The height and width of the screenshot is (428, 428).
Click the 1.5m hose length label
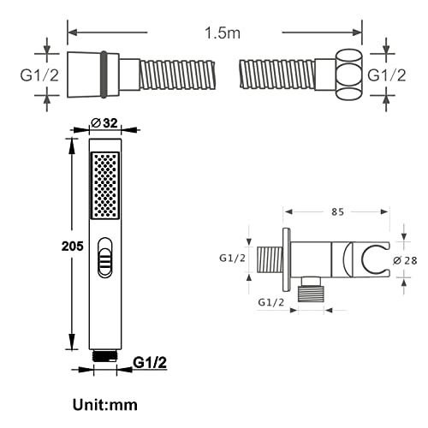223,33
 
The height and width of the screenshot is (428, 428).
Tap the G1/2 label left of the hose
39,75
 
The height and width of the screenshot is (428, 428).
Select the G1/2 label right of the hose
387,75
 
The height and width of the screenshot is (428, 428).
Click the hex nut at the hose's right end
350,75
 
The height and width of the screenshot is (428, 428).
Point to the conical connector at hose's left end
85,74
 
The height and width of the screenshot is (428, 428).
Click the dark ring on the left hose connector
104,74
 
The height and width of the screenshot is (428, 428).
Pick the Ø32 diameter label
104,123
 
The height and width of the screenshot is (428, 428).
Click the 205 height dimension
73,246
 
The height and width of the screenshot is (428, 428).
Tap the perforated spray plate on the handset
105,186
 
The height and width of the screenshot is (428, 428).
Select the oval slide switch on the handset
104,258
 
